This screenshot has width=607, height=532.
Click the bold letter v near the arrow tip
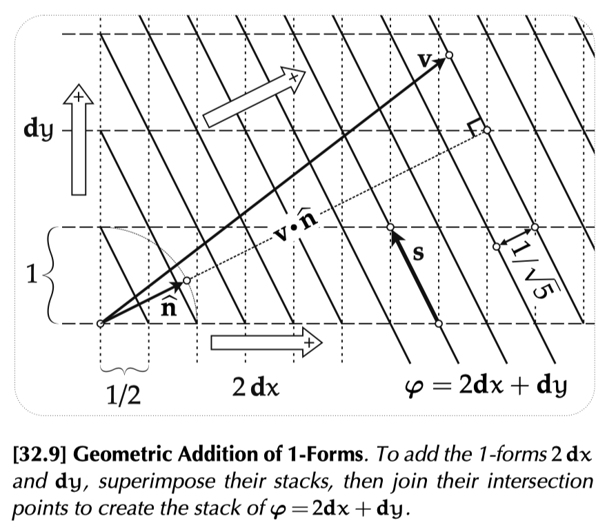[424, 61]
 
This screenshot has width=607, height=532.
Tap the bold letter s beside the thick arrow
[418, 253]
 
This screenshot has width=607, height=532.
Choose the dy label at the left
[38, 130]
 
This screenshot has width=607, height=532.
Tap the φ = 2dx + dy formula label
[486, 386]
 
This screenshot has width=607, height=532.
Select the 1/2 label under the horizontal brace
[123, 395]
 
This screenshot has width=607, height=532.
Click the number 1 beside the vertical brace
[32, 274]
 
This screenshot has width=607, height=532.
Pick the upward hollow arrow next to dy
[79, 140]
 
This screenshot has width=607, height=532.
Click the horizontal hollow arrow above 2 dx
[266, 342]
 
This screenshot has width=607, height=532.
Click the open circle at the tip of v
[449, 55]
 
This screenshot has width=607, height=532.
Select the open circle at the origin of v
[100, 324]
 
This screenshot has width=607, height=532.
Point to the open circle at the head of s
[390, 227]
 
